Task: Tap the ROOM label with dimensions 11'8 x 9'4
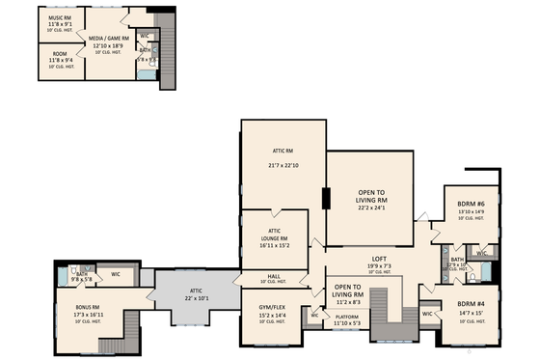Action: pos(59,54)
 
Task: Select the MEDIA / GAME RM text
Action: pos(110,38)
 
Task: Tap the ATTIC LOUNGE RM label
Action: pos(274,235)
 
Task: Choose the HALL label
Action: pos(274,276)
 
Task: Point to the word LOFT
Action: pos(379,259)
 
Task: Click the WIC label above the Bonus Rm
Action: pos(115,274)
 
